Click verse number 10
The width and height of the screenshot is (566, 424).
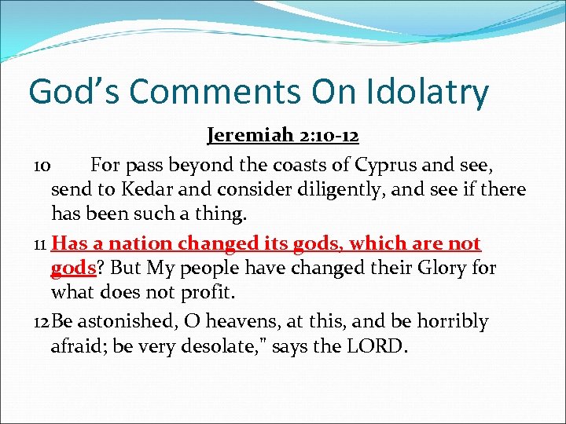(x=42, y=166)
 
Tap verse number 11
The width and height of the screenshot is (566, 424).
(x=41, y=244)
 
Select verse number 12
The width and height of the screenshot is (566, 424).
(x=42, y=322)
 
